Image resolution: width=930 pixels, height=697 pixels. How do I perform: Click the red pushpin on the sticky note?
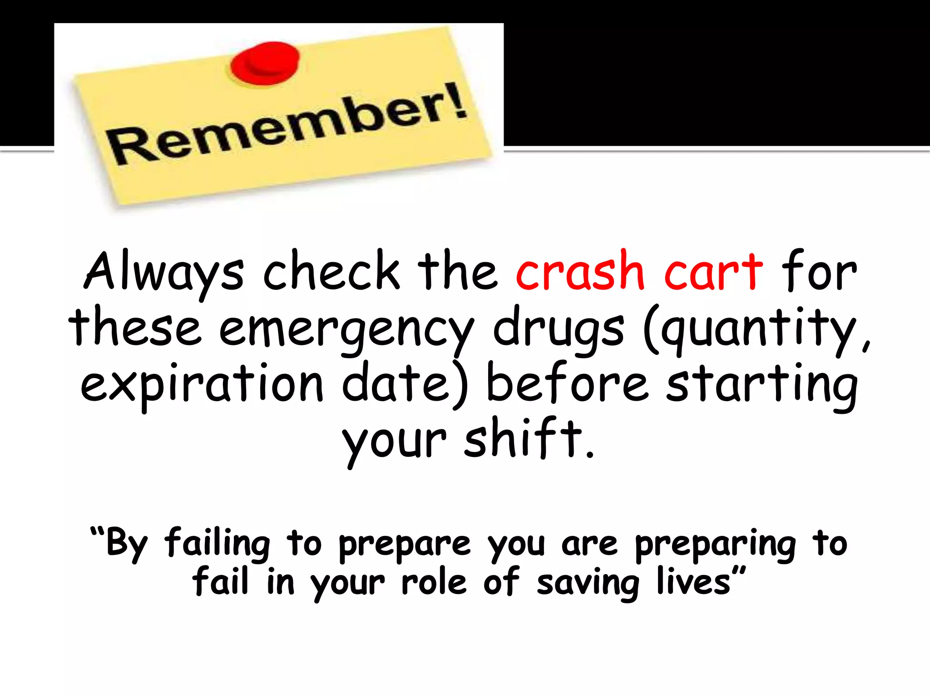(265, 63)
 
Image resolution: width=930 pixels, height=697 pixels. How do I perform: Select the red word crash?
(580, 271)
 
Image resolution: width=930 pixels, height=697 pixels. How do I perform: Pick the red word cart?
(713, 271)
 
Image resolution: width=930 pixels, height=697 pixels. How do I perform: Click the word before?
(567, 384)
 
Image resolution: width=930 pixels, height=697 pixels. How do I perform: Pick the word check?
(331, 271)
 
